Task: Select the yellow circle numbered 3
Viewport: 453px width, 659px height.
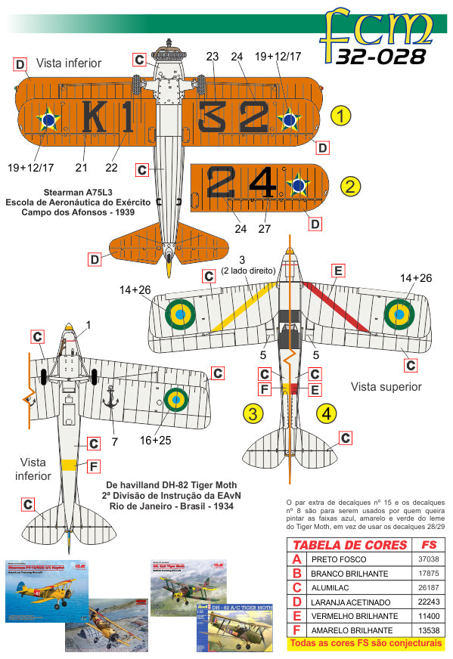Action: click(253, 413)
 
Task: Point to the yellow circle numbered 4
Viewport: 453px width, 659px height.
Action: click(325, 413)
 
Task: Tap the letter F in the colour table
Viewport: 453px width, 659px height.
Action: click(296, 629)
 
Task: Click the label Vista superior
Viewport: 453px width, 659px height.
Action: click(385, 386)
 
